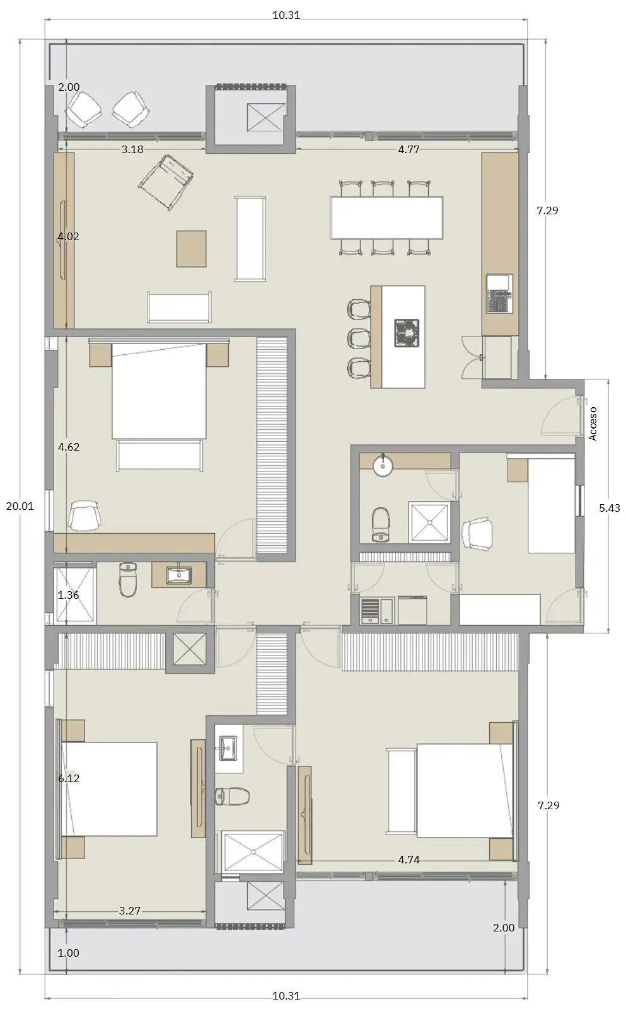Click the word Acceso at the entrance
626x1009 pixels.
click(593, 424)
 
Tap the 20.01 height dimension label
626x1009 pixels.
click(20, 506)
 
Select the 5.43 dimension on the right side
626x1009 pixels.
click(610, 508)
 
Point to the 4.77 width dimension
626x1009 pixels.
click(409, 149)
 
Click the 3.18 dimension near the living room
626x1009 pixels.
click(132, 149)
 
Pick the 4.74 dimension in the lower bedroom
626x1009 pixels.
click(409, 860)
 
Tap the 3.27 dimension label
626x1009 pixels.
click(130, 910)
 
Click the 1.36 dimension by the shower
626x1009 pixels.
click(69, 594)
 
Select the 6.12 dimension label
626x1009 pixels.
click(69, 778)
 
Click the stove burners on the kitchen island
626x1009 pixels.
click(407, 333)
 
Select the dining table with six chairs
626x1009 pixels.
click(386, 217)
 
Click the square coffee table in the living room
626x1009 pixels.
click(191, 249)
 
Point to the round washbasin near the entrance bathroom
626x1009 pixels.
click(383, 466)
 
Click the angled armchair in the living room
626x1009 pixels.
click(166, 182)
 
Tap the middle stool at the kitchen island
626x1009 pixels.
click(359, 338)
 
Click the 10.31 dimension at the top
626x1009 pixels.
click(286, 15)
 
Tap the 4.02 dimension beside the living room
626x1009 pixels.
click(69, 236)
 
